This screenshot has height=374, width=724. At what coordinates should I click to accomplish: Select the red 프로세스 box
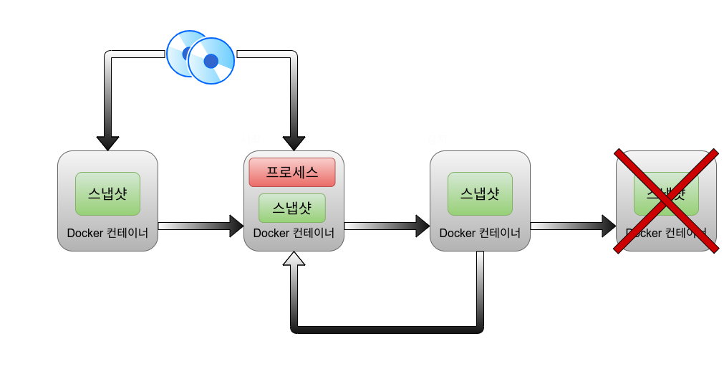coord(291,172)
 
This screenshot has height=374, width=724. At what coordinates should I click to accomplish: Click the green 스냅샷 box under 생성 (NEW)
coord(107,193)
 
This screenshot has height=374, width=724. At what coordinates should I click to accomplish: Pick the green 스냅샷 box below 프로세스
coord(291,208)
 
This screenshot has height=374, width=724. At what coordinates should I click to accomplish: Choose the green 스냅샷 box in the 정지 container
coord(480,193)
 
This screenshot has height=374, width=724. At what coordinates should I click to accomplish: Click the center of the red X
coord(667,201)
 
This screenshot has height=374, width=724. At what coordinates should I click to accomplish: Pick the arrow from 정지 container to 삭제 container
coord(573,226)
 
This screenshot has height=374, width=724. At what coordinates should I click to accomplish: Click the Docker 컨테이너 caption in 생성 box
coord(107,233)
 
